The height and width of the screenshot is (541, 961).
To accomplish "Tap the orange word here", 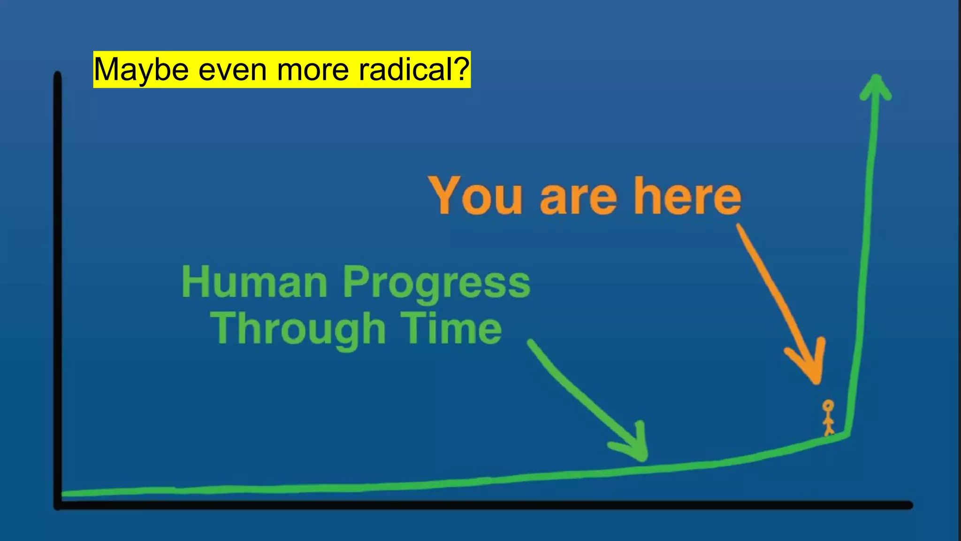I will [x=687, y=196].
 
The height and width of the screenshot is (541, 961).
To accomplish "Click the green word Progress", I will [x=436, y=283].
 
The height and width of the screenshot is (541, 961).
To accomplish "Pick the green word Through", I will [x=298, y=330].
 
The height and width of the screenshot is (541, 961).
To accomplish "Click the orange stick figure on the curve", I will [x=828, y=417].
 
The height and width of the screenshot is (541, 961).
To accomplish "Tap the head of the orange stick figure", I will [x=828, y=405].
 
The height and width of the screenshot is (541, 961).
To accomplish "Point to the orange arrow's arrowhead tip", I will [x=817, y=380].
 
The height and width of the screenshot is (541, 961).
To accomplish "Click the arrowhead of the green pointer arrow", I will [x=642, y=455].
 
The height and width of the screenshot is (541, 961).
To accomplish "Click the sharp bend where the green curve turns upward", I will [x=848, y=433].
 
